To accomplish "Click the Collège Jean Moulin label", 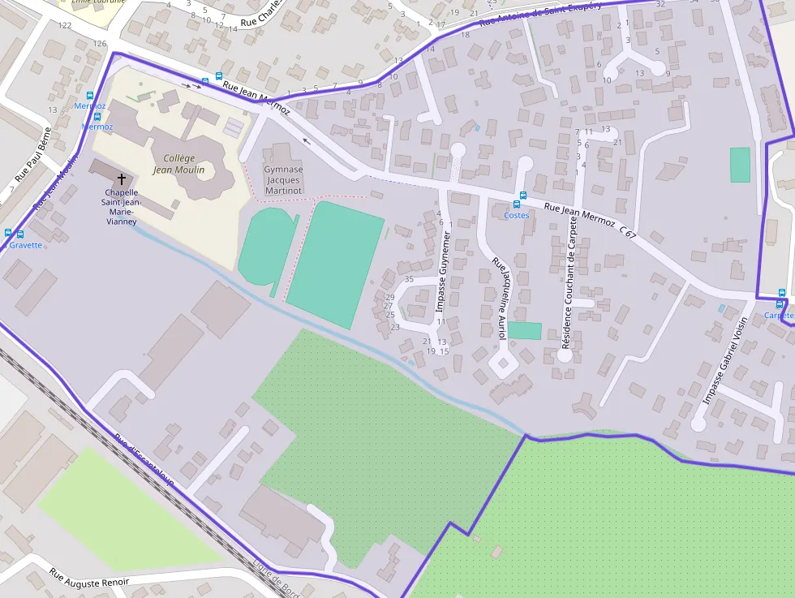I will pos(178,164).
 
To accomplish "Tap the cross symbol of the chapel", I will pos(122,179).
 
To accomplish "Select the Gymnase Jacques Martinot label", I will pos(283,180).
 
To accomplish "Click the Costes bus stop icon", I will pos(522,196).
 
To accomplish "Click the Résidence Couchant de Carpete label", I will pos(571,294).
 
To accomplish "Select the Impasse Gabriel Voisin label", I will pos(724,360).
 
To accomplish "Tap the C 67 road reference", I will pos(627,231).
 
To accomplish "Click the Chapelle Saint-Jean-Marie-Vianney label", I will pos(120,207).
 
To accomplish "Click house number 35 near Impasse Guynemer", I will pos(409,279).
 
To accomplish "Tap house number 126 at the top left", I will pos(101,43).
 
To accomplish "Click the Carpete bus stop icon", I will pos(781,293).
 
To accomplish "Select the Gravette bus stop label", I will pos(26,245).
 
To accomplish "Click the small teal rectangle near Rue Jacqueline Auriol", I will pos(524,330).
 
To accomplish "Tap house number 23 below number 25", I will pos(395,327).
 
